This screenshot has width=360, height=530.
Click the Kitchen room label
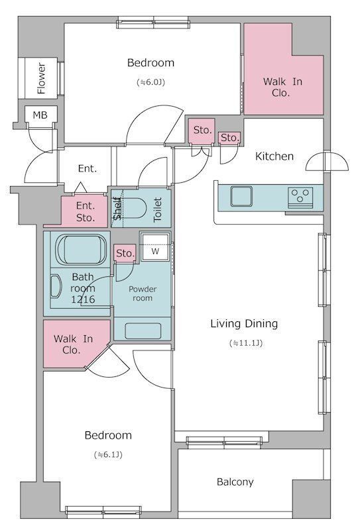point(274,156)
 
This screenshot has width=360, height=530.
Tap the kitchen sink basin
point(241,196)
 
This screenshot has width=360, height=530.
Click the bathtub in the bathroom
point(81,250)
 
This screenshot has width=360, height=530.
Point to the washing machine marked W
point(155,246)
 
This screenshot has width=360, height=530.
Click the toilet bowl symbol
point(134,208)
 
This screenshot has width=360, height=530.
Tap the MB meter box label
point(40,115)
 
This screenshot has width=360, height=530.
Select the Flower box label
point(41,78)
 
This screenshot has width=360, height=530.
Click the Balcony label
point(235,482)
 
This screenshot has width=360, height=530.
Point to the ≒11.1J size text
point(246,343)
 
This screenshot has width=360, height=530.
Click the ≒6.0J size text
point(151,82)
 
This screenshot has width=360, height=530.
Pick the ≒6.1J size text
point(108,454)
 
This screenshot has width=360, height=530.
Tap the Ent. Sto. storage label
point(86,211)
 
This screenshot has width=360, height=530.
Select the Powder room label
point(143,293)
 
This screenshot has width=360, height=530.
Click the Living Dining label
point(244,324)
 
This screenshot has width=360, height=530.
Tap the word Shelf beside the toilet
point(117,209)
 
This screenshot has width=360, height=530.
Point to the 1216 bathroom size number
point(83,299)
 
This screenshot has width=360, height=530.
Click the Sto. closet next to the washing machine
point(125,253)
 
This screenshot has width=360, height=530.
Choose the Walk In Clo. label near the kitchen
point(282,87)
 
